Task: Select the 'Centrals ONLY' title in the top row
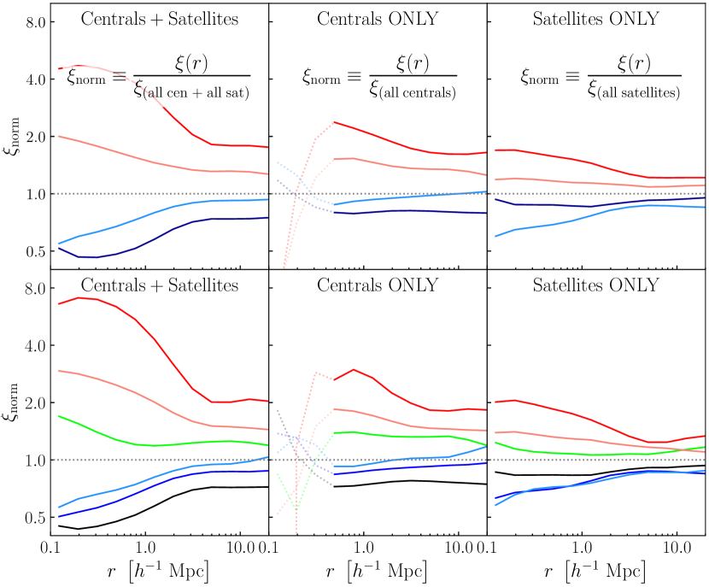coord(378,20)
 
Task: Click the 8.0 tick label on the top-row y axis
coord(32,22)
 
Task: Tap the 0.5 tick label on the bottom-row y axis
coord(32,518)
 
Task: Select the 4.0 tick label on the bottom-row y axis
coord(32,346)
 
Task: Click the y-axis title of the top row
coord(11,137)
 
